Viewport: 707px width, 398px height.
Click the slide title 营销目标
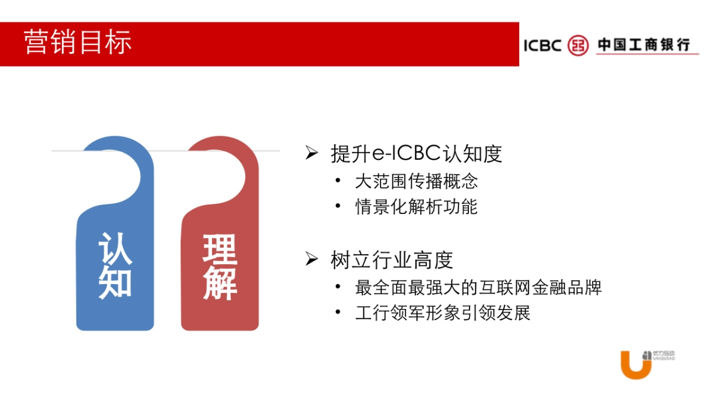click(78, 43)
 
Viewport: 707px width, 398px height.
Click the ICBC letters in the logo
click(542, 45)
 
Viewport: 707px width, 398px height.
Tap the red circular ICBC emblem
click(578, 45)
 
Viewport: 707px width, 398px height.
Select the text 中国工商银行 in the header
click(643, 45)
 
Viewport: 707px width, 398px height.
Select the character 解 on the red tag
click(220, 283)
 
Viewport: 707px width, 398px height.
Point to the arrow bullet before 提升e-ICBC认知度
click(312, 153)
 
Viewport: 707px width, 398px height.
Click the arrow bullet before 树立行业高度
click(312, 259)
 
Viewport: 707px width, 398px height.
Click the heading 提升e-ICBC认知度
click(417, 154)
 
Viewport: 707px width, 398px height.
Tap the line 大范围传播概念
click(416, 181)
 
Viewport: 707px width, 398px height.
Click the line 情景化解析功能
click(416, 207)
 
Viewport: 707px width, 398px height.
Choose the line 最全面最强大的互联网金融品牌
click(478, 288)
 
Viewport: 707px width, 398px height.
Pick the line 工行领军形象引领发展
click(442, 313)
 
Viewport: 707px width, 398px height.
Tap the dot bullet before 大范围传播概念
click(338, 180)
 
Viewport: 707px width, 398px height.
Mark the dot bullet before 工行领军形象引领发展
click(338, 312)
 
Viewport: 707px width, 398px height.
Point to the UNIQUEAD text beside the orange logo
click(664, 358)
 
